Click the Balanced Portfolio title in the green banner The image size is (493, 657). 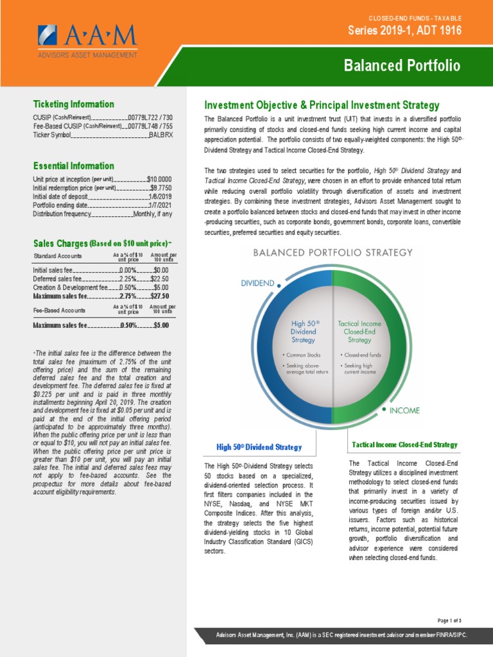(402, 66)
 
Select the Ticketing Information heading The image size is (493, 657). (74, 104)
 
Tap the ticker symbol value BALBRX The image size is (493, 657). (161, 135)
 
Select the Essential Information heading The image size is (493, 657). (74, 166)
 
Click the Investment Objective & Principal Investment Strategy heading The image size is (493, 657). (322, 105)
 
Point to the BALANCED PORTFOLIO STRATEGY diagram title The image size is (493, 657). (333, 253)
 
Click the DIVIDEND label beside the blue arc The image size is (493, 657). (257, 282)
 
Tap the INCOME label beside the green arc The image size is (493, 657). (405, 410)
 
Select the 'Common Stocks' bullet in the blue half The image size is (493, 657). (306, 354)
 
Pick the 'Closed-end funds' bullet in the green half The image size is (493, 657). (363, 354)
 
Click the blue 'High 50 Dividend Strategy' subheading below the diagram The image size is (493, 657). (259, 447)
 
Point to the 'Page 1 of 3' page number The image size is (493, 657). (449, 620)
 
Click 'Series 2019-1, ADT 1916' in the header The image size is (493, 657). (404, 30)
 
